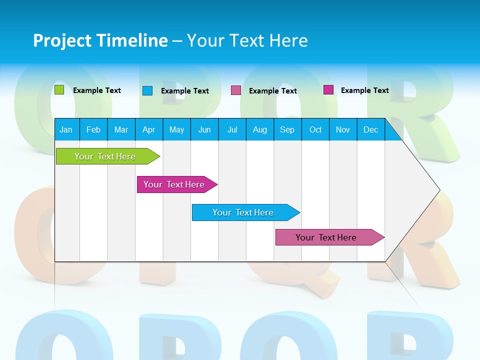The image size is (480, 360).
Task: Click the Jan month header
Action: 66,129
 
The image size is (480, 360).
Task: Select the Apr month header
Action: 149,129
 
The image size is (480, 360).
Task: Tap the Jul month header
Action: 232,129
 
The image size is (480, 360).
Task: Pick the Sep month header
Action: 287,129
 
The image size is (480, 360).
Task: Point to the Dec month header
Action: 370,129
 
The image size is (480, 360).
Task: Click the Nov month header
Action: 343,129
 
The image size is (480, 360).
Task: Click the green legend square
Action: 59,90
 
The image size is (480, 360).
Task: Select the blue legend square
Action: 147,90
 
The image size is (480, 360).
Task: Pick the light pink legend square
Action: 236,90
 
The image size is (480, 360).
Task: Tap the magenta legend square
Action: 328,90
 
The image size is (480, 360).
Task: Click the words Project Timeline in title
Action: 100,40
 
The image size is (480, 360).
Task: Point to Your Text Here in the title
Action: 247,40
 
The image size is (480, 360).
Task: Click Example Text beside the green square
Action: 97,90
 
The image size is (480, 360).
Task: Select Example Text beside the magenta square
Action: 365,90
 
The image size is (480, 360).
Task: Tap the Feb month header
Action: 93,129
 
